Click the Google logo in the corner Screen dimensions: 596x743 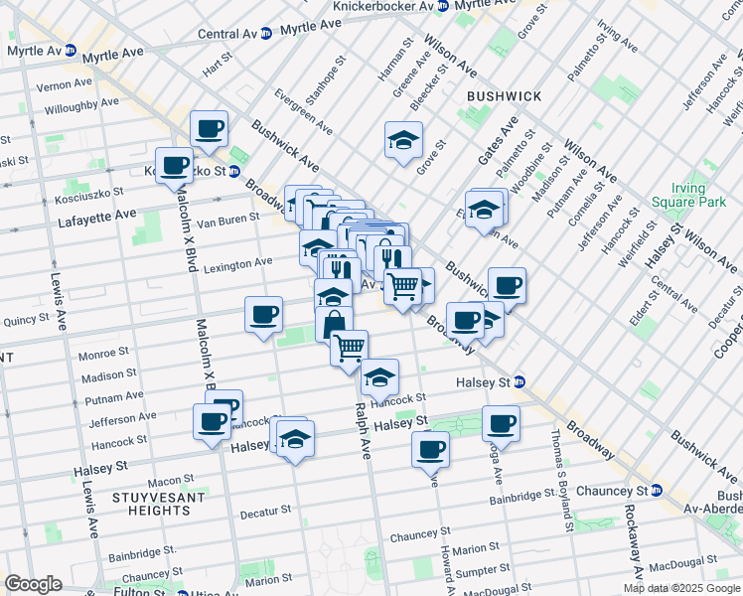pyautogui.click(x=33, y=584)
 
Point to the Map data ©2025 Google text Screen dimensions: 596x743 pyautogui.click(x=681, y=588)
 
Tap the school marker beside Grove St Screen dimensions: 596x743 pyautogui.click(x=403, y=141)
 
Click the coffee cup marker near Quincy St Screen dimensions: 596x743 pyautogui.click(x=264, y=315)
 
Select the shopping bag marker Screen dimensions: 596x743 pyautogui.click(x=335, y=324)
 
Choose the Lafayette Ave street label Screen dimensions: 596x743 pyautogui.click(x=97, y=214)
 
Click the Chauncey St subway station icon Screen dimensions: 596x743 pyautogui.click(x=656, y=491)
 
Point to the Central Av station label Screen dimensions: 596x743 pyautogui.click(x=228, y=33)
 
